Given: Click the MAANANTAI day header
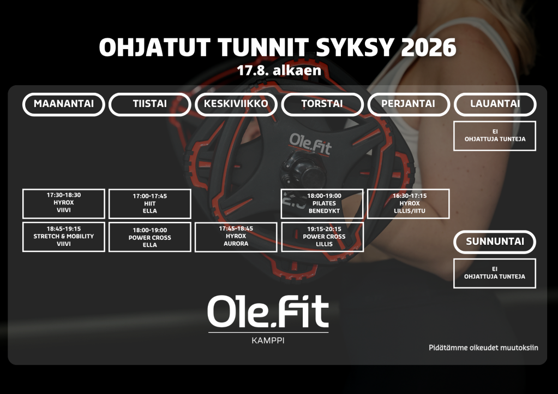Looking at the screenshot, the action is (x=64, y=104).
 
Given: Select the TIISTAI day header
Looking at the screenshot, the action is (x=150, y=104).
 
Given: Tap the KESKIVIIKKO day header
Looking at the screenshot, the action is (x=236, y=104).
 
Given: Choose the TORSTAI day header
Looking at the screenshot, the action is (x=322, y=104).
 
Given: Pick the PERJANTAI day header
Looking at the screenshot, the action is (x=408, y=104).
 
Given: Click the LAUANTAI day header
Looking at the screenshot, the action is (x=495, y=104).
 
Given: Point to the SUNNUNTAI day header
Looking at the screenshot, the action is (x=495, y=242).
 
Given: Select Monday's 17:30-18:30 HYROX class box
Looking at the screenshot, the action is (x=64, y=204).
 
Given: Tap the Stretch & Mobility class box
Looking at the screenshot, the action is (x=64, y=237).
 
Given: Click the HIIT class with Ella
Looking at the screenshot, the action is (x=150, y=204).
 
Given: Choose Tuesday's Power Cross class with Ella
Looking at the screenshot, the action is (x=150, y=237).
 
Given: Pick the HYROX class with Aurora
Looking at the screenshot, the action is (x=236, y=237).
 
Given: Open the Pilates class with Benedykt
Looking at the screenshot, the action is (x=322, y=204).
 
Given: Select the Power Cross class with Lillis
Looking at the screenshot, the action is (x=322, y=237).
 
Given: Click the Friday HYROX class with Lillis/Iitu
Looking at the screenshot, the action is (x=408, y=204).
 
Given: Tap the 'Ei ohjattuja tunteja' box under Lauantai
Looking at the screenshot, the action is (x=495, y=136).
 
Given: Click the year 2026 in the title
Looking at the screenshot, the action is (x=429, y=48).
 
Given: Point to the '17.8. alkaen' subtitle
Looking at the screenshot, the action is (x=279, y=70).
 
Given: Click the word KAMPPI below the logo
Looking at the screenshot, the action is (x=268, y=340).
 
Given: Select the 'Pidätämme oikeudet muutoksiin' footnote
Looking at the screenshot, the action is (x=483, y=348).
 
